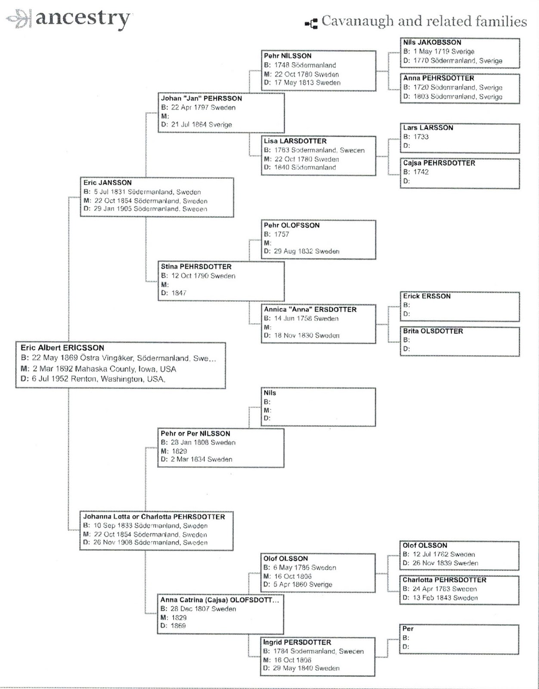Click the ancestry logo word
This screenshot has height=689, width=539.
(82, 19)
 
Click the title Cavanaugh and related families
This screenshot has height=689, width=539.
(424, 22)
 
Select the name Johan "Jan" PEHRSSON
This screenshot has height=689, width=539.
(201, 99)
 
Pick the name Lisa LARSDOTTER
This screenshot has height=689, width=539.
(295, 141)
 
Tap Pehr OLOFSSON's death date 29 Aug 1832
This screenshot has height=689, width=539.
(301, 251)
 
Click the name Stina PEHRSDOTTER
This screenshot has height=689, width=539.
(196, 267)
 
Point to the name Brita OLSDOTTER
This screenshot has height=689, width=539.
(433, 331)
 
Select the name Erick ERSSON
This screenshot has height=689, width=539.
(427, 296)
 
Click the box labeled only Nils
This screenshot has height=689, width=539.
(318, 407)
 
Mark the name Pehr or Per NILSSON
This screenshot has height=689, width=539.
(195, 434)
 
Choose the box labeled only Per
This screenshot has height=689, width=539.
(459, 639)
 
